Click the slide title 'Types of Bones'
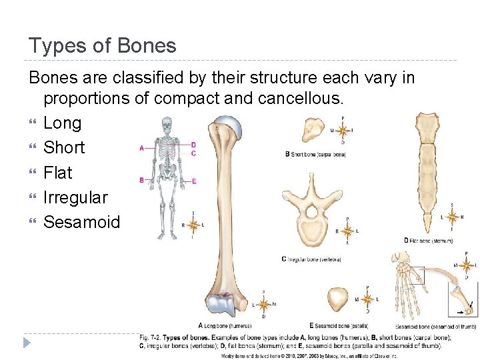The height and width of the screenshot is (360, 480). coord(102,45)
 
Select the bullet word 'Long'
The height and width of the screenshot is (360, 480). coord(62,123)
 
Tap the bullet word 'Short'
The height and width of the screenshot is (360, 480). coord(64,147)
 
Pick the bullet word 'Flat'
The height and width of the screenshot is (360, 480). coord(57,173)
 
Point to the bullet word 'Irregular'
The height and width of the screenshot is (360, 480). coord(75,197)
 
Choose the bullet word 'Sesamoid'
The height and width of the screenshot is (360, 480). coord(81,222)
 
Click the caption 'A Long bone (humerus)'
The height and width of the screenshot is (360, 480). coord(225,325)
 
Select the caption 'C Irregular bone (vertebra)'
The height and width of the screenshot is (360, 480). coord(311,259)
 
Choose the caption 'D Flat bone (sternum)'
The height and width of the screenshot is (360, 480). coord(428,240)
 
